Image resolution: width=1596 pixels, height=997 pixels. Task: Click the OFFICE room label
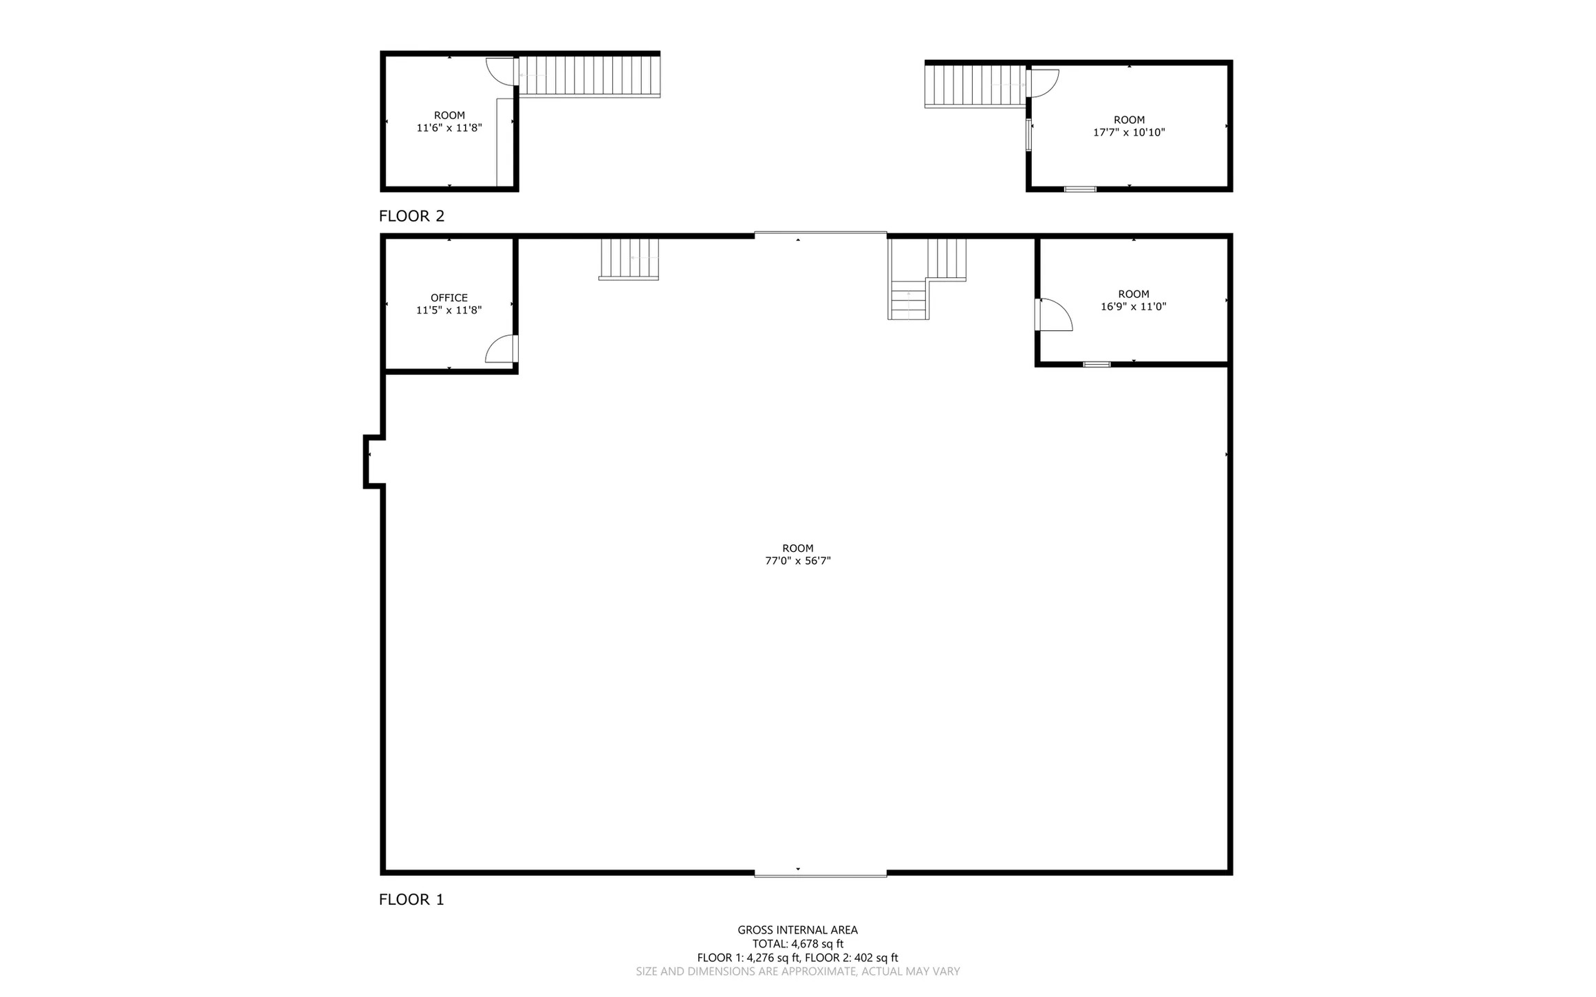(x=449, y=298)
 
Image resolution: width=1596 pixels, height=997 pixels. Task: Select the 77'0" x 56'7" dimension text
(x=798, y=561)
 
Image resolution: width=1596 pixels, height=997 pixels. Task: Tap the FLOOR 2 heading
(x=411, y=216)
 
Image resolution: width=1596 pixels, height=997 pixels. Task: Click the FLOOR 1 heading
(x=411, y=899)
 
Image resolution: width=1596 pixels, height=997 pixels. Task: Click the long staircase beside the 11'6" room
(x=590, y=76)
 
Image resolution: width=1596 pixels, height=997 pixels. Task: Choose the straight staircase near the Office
(x=629, y=259)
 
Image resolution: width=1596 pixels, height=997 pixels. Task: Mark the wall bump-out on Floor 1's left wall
(x=371, y=461)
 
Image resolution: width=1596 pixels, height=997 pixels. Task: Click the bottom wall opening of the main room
(x=821, y=874)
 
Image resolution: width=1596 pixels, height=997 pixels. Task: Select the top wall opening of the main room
(x=821, y=235)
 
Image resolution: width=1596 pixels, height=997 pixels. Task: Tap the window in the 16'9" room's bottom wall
(x=1097, y=364)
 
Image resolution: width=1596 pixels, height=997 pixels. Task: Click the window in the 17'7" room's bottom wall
(x=1080, y=189)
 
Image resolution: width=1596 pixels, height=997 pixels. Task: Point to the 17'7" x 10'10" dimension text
(x=1130, y=133)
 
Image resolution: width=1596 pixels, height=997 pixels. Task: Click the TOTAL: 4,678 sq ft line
(x=798, y=944)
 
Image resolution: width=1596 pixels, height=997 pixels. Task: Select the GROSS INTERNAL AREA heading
(x=798, y=930)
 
